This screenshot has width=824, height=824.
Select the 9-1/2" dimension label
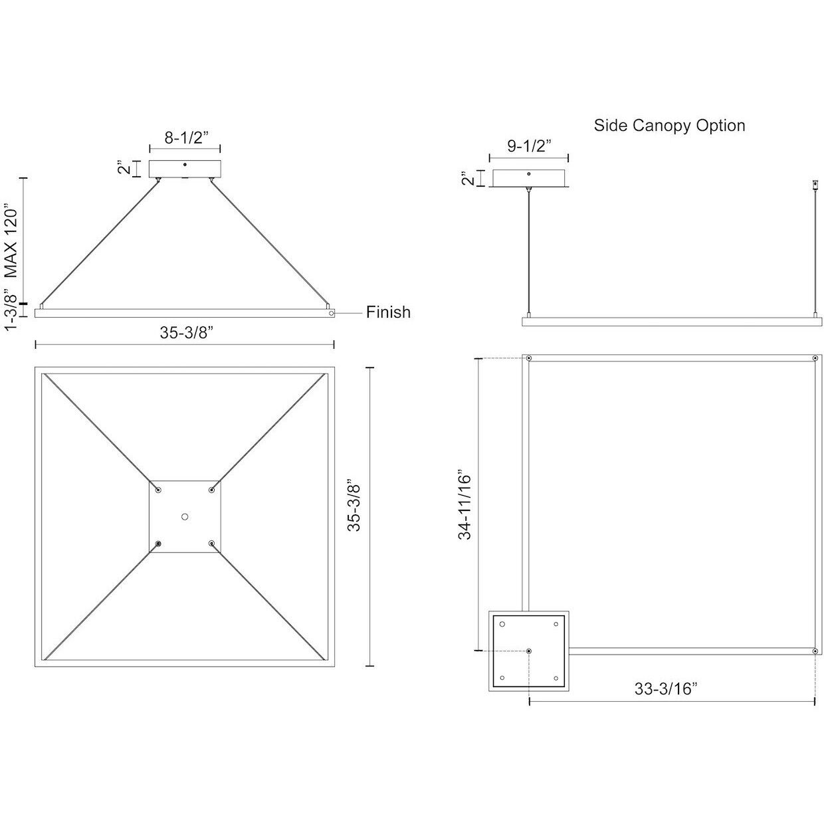tap(529, 146)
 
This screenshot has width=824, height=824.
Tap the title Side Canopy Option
tap(669, 126)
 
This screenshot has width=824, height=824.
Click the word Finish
tap(388, 312)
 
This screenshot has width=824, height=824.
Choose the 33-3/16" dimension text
tap(665, 689)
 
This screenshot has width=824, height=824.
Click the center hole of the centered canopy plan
tap(185, 516)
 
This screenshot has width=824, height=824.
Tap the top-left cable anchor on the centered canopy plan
tap(158, 490)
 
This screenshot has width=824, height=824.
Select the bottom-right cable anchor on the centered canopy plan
tap(211, 544)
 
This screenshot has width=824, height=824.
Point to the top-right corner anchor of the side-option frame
tap(815, 359)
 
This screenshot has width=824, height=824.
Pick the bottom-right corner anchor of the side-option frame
tap(815, 652)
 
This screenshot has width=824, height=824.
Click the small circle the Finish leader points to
tap(330, 312)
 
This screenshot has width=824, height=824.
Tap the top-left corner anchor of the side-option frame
tap(528, 359)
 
